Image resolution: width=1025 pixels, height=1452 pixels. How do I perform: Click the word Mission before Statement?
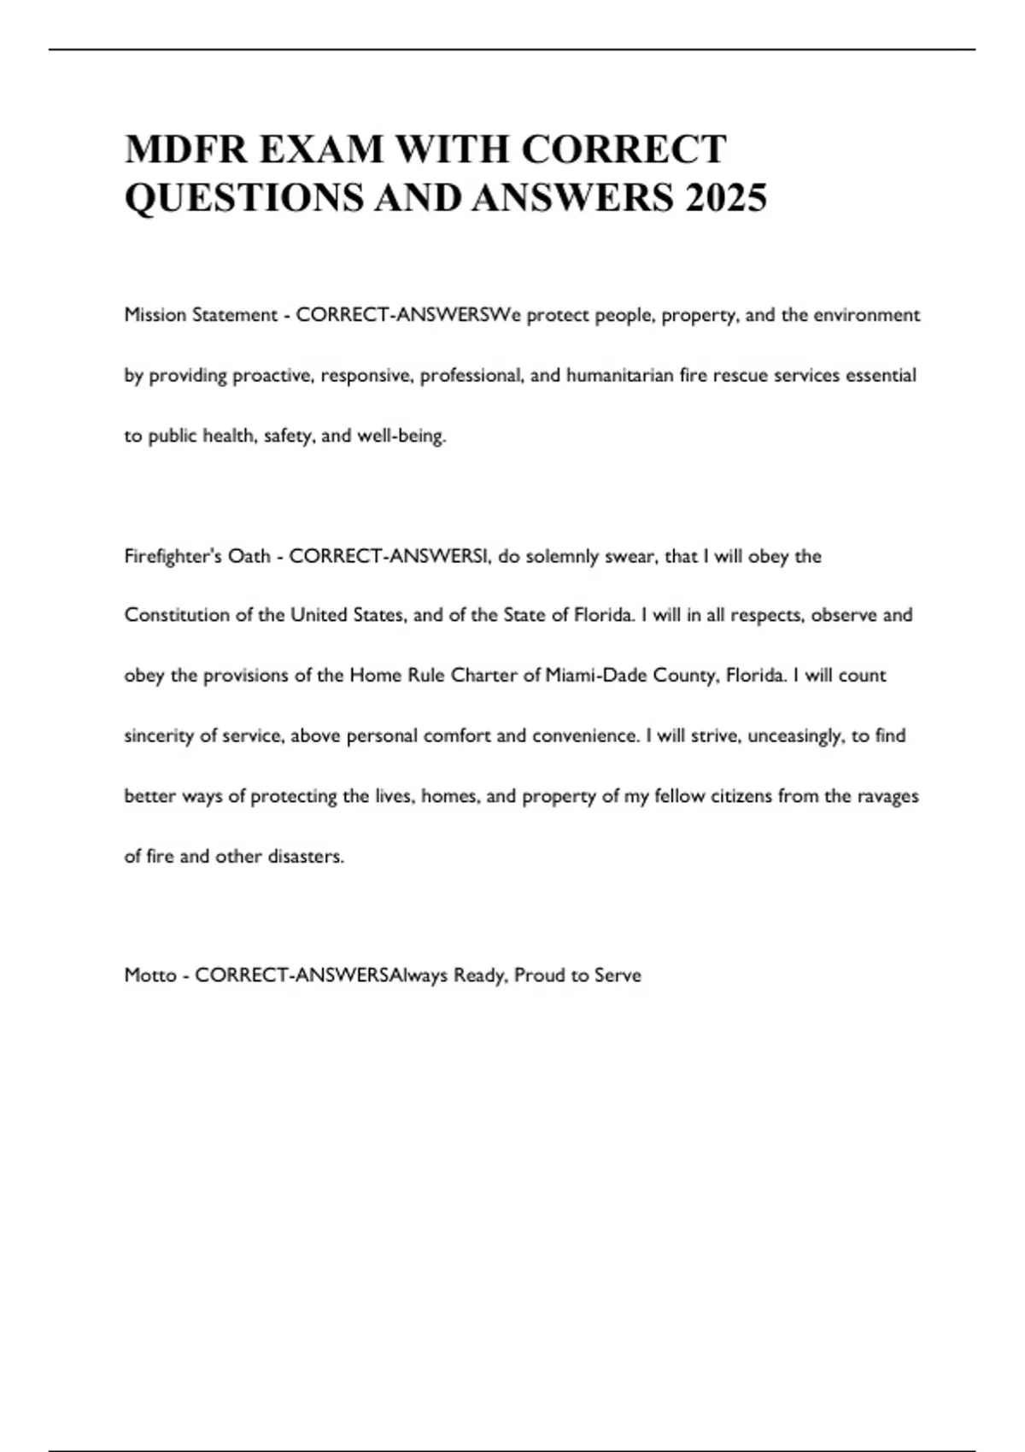155,315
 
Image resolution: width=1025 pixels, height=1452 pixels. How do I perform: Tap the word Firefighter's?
172,556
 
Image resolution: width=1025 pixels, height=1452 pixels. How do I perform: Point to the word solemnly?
563,556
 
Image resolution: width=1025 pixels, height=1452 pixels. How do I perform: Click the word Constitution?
176,615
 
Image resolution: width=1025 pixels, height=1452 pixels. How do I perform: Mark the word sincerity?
159,736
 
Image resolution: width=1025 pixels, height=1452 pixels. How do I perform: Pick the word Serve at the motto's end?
618,975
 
